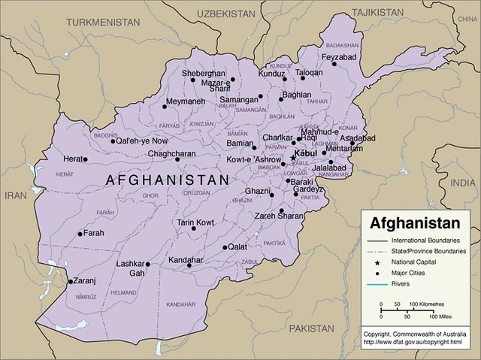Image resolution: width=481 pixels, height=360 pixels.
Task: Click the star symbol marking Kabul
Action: pyautogui.click(x=293, y=159)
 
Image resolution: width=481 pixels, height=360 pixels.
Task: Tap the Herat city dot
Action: pyautogui.click(x=85, y=159)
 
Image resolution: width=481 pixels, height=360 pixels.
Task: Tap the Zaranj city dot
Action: pyautogui.click(x=71, y=282)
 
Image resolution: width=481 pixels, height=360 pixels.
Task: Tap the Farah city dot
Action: pyautogui.click(x=80, y=234)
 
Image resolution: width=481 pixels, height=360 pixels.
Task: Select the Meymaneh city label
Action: pyautogui.click(x=184, y=101)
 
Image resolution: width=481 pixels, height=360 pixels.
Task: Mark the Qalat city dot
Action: pyautogui.click(x=225, y=247)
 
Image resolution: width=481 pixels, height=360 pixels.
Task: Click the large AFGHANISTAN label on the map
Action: pyautogui.click(x=167, y=180)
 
